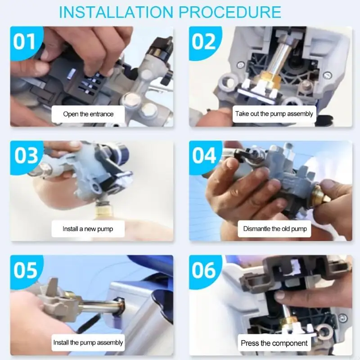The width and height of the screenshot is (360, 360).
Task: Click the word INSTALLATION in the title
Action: (x=117, y=12)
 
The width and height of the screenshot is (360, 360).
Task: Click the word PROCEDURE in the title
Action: (x=230, y=12)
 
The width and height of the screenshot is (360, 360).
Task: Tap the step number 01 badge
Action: (x=26, y=42)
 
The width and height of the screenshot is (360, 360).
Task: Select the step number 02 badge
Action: (x=204, y=42)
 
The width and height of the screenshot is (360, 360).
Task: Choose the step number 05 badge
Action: (x=26, y=270)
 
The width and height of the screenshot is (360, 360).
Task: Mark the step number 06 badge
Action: (x=204, y=270)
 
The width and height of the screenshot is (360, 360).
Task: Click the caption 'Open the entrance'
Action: (x=88, y=114)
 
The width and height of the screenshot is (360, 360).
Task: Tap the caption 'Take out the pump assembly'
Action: (x=274, y=114)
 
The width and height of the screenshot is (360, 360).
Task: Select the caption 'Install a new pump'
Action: (x=88, y=229)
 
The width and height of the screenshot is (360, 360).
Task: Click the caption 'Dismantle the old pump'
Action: (x=275, y=229)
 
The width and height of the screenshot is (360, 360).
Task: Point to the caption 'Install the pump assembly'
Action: (x=88, y=343)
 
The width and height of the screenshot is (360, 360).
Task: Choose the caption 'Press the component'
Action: (x=274, y=343)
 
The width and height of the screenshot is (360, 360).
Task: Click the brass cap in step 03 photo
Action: (x=104, y=211)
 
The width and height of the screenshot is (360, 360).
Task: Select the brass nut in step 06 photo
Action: (x=290, y=320)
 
